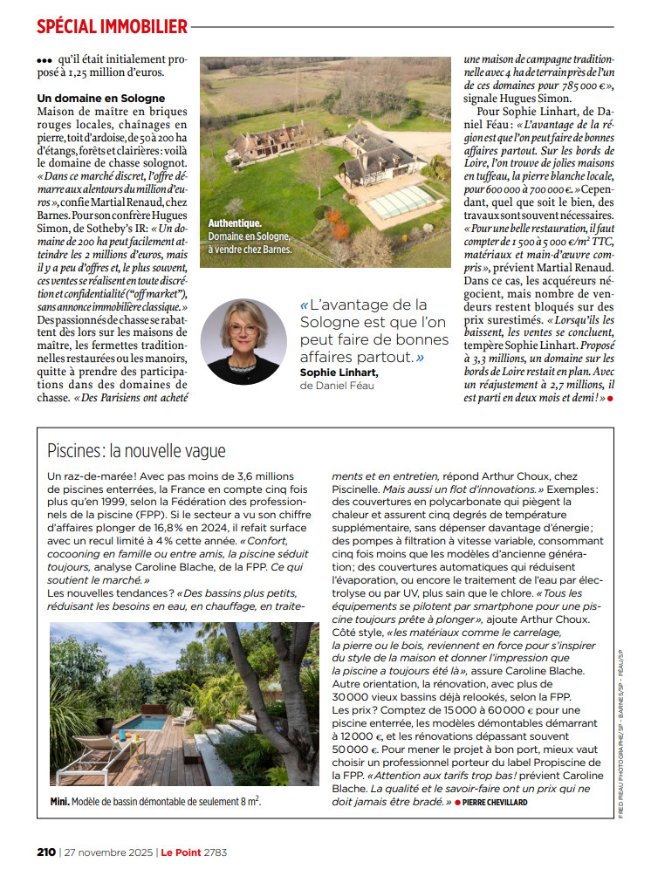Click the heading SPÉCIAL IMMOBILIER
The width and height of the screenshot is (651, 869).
tap(113, 26)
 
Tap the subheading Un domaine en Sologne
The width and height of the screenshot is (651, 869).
tap(101, 99)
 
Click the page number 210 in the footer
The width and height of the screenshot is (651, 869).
tap(46, 851)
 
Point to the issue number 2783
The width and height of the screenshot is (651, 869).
tap(215, 851)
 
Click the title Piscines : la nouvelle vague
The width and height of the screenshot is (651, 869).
tap(137, 451)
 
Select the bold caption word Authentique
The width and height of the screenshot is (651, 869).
tap(235, 223)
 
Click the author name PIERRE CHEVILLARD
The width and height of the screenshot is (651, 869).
tap(495, 802)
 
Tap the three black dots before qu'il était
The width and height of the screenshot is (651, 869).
tap(45, 61)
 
